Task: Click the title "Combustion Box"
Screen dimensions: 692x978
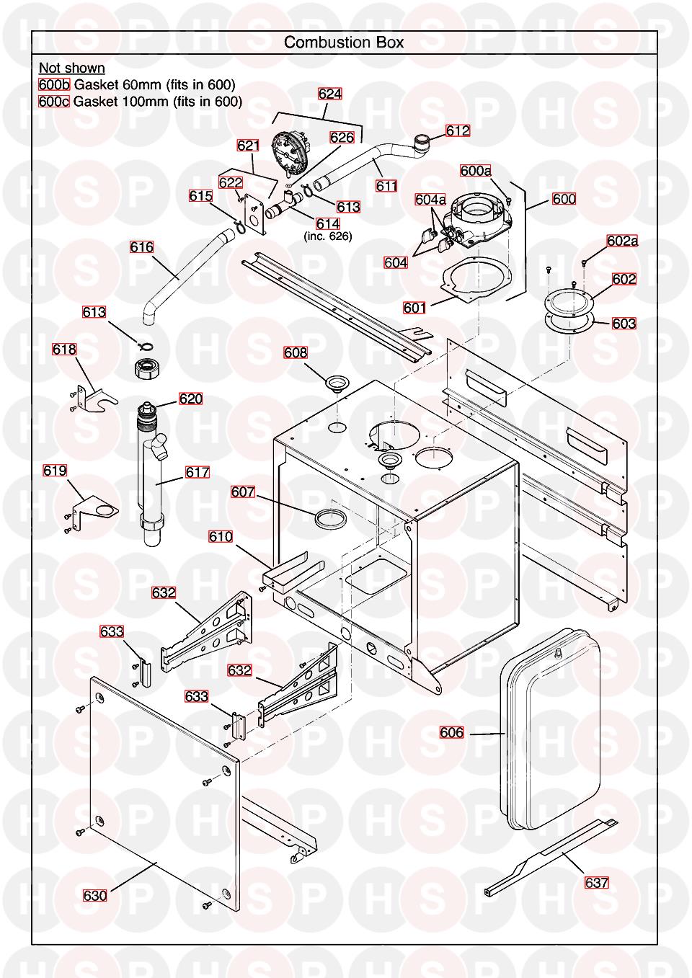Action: [344, 43]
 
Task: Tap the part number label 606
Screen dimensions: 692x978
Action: [451, 732]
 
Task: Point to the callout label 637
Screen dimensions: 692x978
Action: [596, 883]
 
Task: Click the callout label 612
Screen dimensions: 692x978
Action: [458, 130]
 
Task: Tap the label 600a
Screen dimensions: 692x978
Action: [476, 170]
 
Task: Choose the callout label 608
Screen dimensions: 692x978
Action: [296, 352]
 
